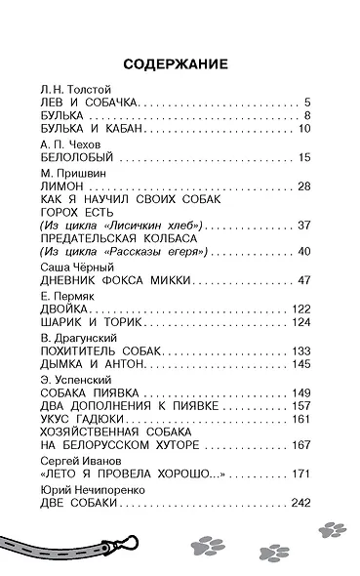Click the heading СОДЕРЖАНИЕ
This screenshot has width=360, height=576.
[180, 64]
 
